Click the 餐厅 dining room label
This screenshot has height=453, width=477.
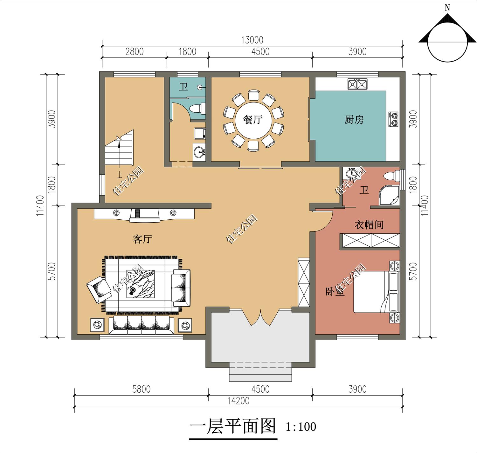click(x=253, y=120)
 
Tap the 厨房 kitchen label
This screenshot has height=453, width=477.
click(x=354, y=120)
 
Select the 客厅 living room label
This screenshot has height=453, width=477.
click(x=142, y=239)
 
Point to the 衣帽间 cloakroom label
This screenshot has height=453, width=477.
click(x=369, y=225)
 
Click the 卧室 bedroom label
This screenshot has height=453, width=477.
click(x=335, y=292)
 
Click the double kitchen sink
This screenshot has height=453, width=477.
click(x=358, y=84)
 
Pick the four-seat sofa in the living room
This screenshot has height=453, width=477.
click(x=141, y=325)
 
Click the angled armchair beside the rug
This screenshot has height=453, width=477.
click(x=98, y=289)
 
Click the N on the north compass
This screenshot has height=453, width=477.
click(x=447, y=8)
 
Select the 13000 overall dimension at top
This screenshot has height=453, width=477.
click(x=252, y=40)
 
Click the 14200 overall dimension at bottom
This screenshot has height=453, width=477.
click(x=238, y=401)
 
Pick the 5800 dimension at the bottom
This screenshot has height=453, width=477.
click(x=141, y=389)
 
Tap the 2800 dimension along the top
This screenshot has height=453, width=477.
click(x=134, y=51)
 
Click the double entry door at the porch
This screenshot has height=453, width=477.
click(x=260, y=317)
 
